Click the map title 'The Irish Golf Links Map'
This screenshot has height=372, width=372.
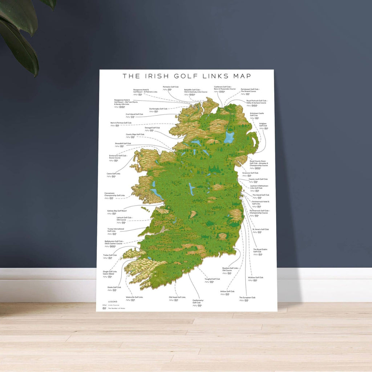(x=186, y=76)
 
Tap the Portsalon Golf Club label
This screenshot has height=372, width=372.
(x=171, y=87)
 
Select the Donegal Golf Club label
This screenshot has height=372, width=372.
(x=152, y=128)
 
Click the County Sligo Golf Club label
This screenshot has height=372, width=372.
(x=135, y=134)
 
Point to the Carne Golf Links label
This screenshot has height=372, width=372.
(x=113, y=174)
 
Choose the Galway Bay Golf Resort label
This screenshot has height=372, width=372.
(x=117, y=211)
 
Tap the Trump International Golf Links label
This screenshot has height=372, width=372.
(x=116, y=230)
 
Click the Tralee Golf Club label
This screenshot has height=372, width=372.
(x=110, y=255)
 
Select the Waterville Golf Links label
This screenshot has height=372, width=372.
(x=134, y=297)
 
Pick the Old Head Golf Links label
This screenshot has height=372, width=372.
(x=177, y=297)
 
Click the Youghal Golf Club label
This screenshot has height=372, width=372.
(x=213, y=279)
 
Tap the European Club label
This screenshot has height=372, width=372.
(x=247, y=298)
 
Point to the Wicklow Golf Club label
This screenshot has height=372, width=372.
(x=255, y=277)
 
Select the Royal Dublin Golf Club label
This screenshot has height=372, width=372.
(x=260, y=250)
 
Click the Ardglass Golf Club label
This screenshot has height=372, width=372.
(x=263, y=125)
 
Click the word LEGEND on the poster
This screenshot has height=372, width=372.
(x=113, y=302)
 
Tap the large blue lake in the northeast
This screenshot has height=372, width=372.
(x=229, y=137)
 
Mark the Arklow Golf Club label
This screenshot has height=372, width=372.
(x=227, y=291)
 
